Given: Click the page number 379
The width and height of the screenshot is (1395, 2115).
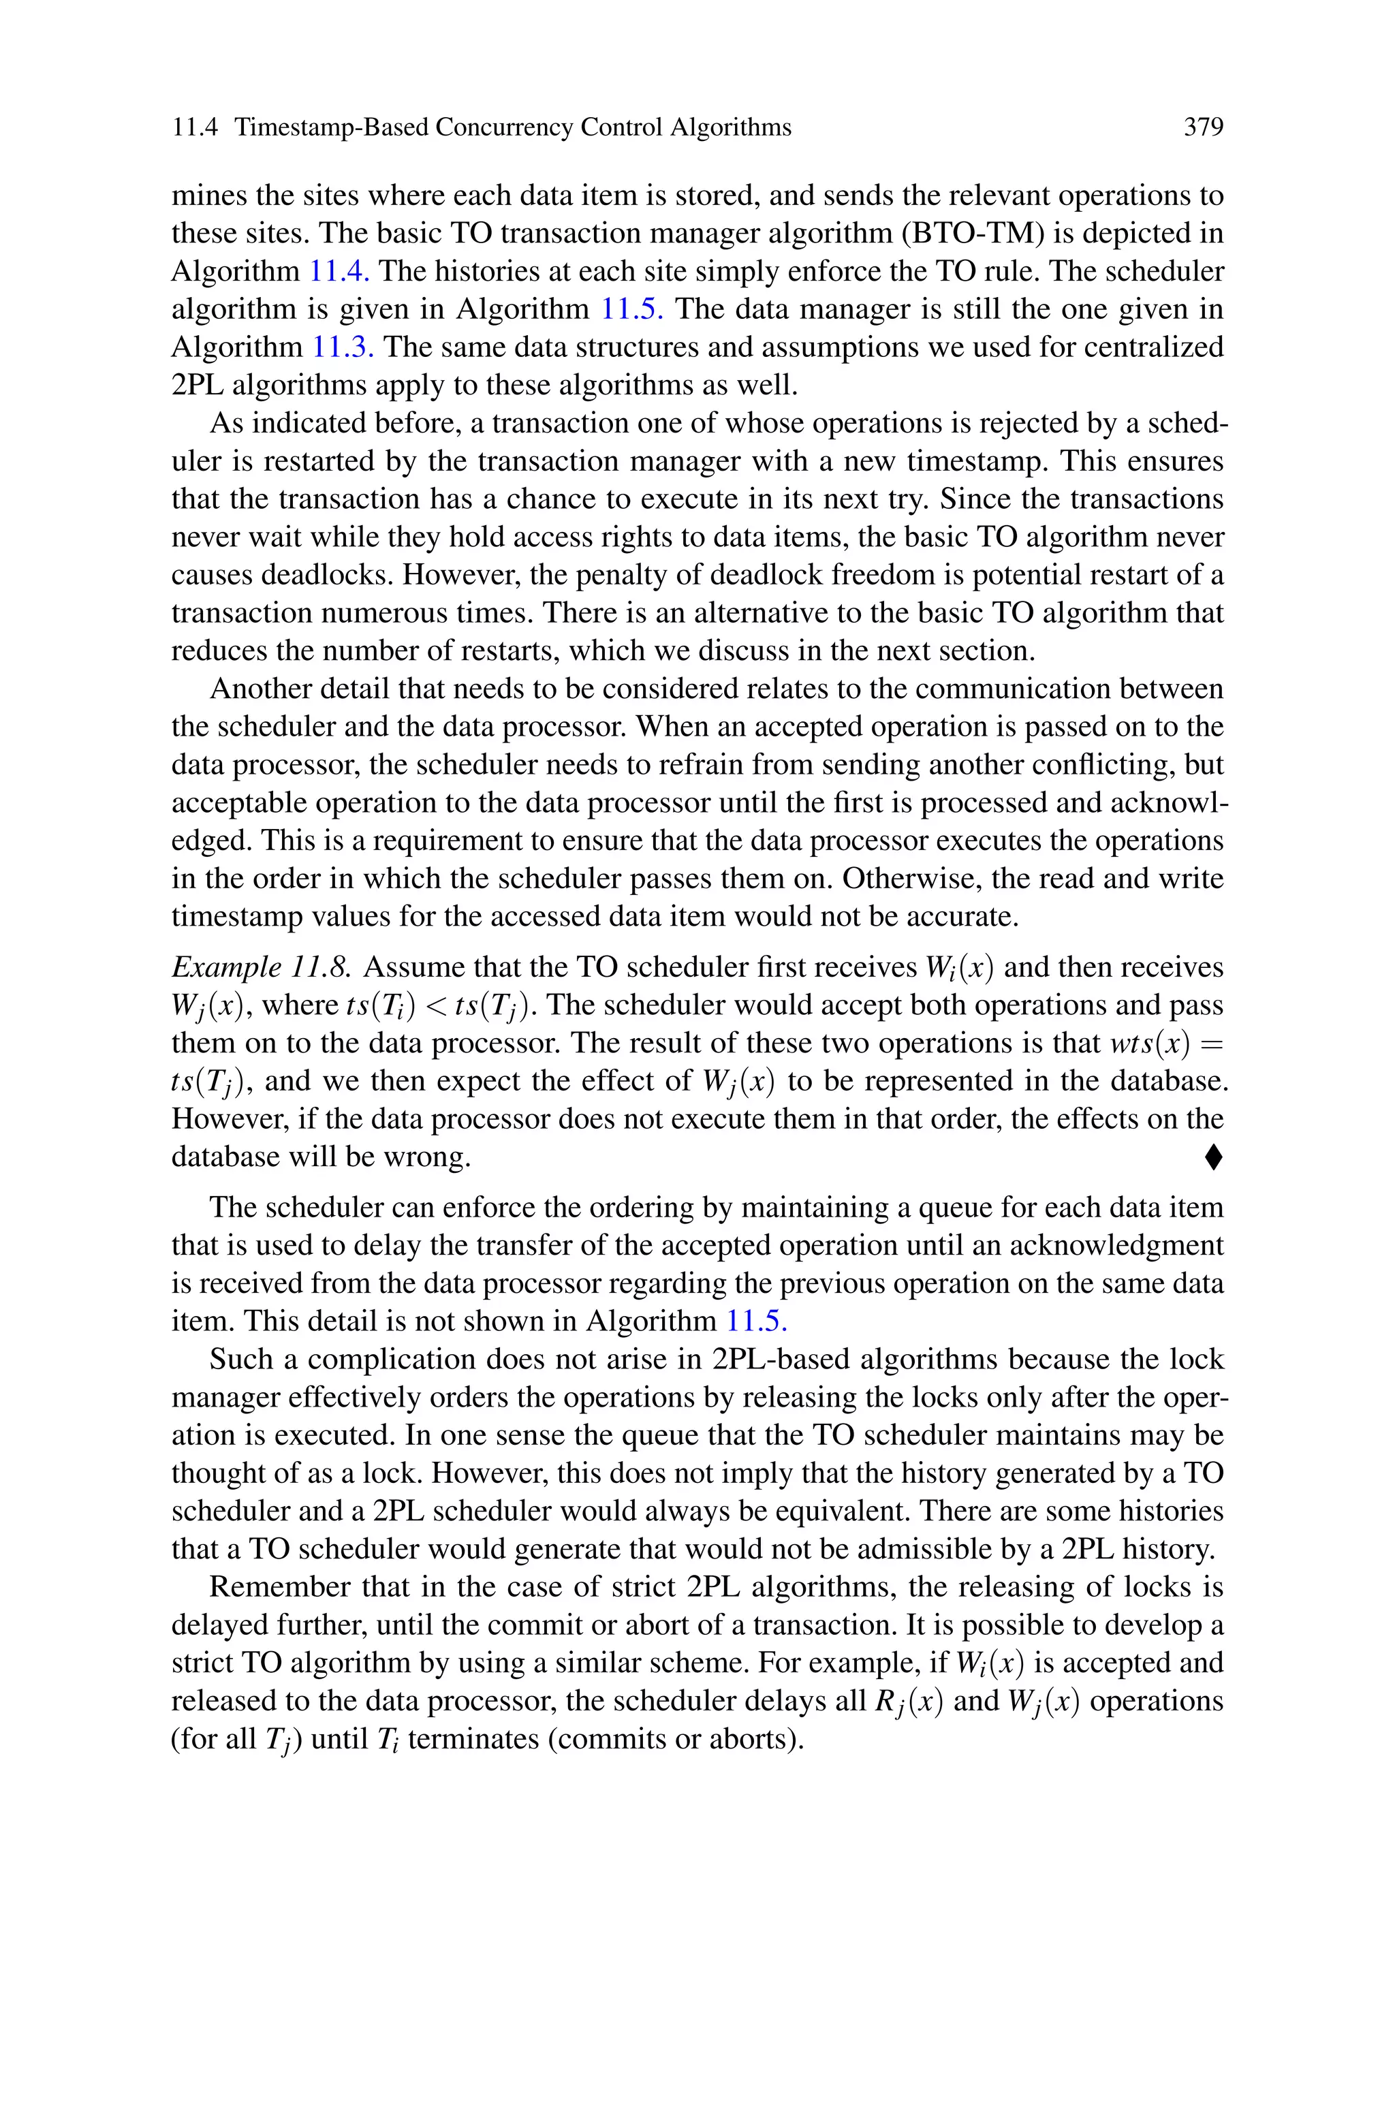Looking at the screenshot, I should (x=1203, y=128).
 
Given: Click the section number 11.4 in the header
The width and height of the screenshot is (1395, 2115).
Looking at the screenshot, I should (x=194, y=128).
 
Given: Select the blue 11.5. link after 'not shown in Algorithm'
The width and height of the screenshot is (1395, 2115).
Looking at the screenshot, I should (x=756, y=1321).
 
